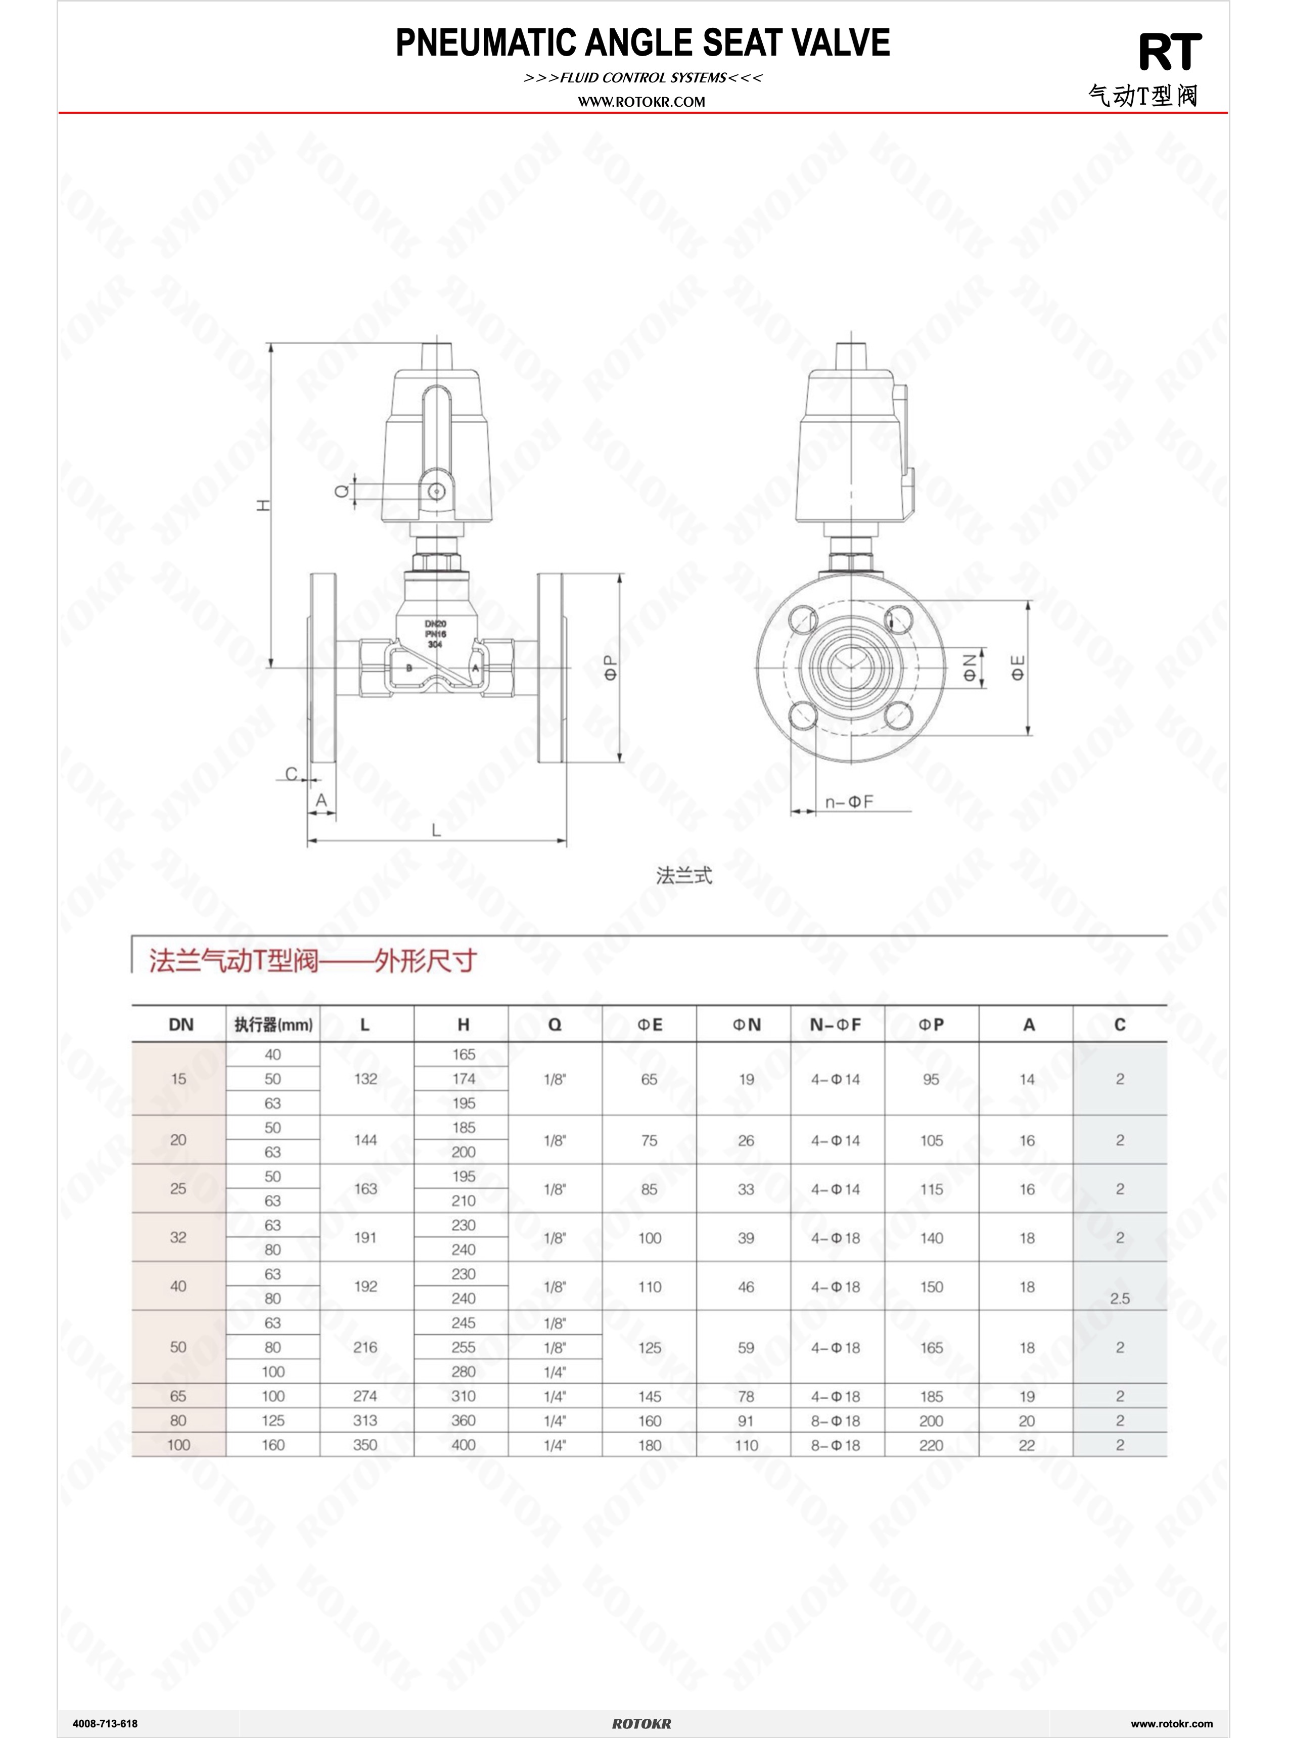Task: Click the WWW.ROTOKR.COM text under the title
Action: (x=641, y=102)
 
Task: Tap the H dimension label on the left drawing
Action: (x=264, y=505)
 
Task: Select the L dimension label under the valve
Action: (x=436, y=830)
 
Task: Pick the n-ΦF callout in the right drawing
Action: (x=849, y=801)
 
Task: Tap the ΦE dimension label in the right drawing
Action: (x=1018, y=667)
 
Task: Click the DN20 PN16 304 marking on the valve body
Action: (x=435, y=634)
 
